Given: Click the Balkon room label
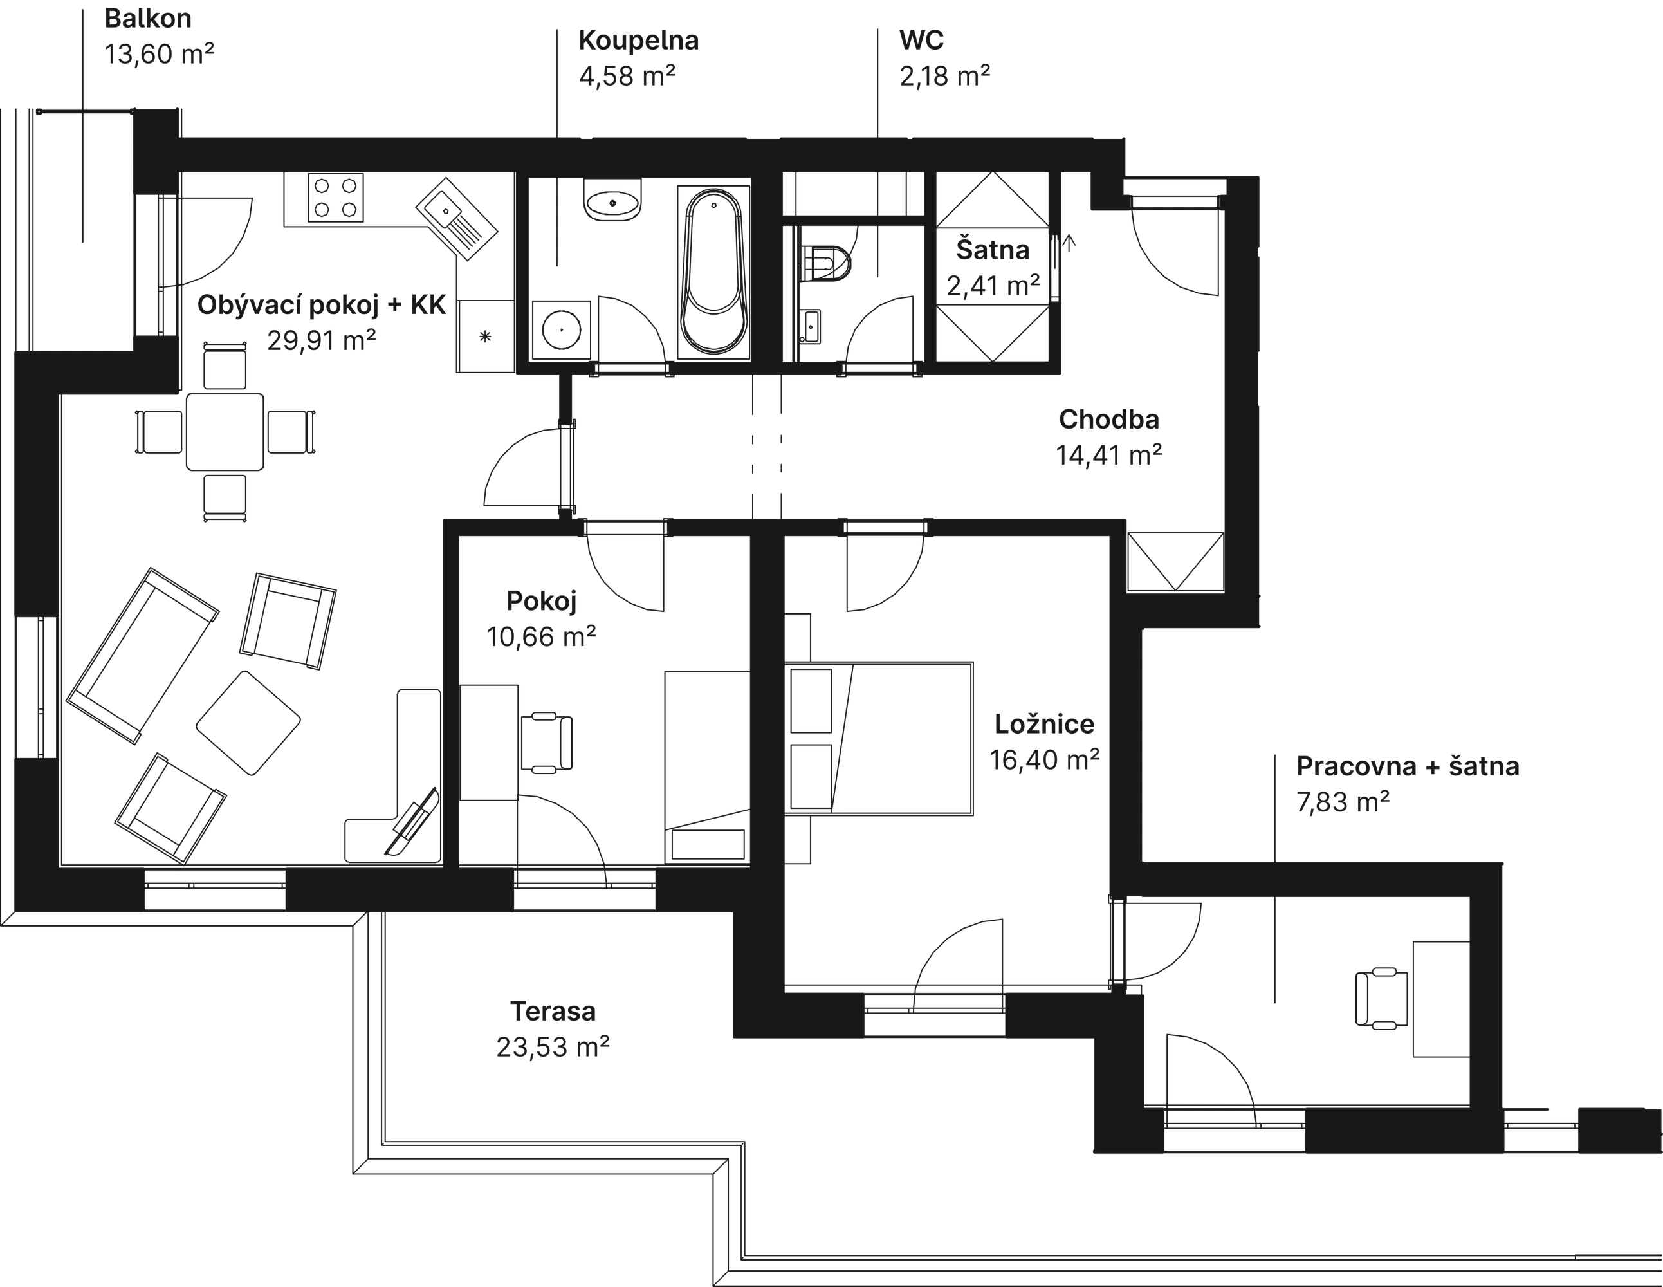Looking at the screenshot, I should pyautogui.click(x=148, y=19).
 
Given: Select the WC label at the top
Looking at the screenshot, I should pyautogui.click(x=921, y=41).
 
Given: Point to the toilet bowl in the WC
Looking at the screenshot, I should pyautogui.click(x=829, y=263).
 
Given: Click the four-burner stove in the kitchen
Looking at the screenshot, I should pyautogui.click(x=335, y=198).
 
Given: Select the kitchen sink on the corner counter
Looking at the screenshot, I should pyautogui.click(x=456, y=220).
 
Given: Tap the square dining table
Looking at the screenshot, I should pyautogui.click(x=225, y=432).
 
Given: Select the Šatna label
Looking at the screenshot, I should pyautogui.click(x=992, y=250).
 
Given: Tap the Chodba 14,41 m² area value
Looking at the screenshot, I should pyautogui.click(x=1108, y=456).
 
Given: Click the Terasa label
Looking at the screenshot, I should pyautogui.click(x=553, y=1012).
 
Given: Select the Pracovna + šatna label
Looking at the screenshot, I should pyautogui.click(x=1407, y=767).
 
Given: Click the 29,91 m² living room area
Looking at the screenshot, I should pyautogui.click(x=321, y=340).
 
